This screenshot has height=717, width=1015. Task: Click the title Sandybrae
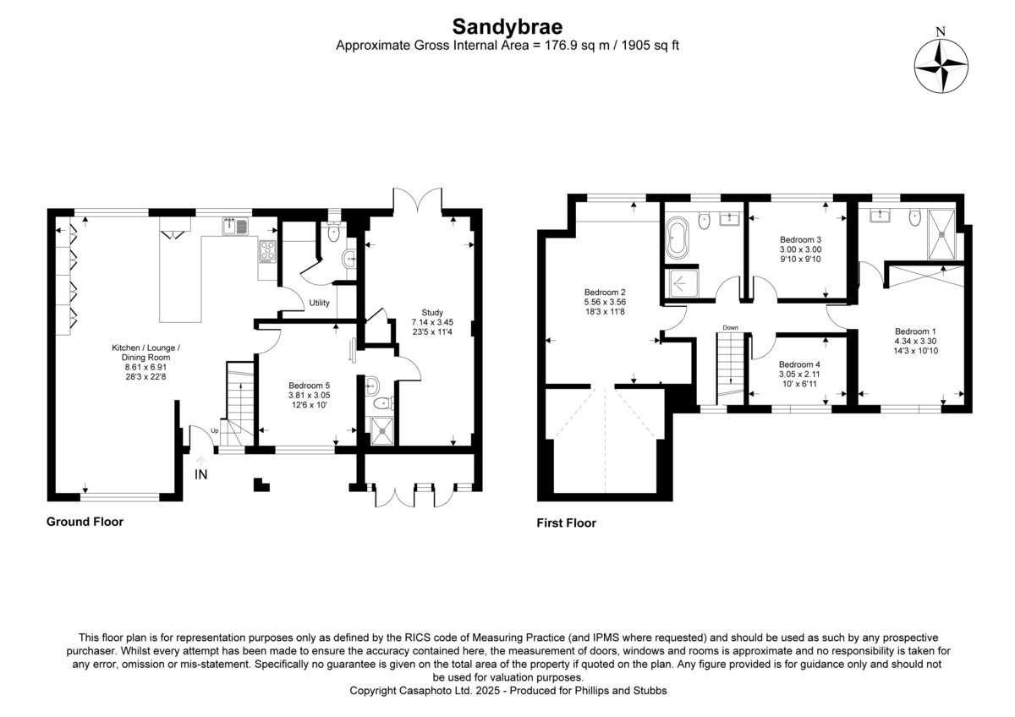pyautogui.click(x=507, y=25)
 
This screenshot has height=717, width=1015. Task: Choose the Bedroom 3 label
pyautogui.click(x=800, y=239)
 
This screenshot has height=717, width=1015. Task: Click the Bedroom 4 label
pyautogui.click(x=799, y=364)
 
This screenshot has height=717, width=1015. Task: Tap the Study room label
pyautogui.click(x=432, y=312)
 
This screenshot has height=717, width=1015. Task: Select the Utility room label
pyautogui.click(x=319, y=303)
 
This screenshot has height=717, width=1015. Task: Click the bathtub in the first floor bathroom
pyautogui.click(x=678, y=238)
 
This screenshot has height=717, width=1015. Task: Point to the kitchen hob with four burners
pyautogui.click(x=268, y=251)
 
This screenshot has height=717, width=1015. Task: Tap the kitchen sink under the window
pyautogui.click(x=234, y=226)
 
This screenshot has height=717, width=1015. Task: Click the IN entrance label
pyautogui.click(x=201, y=475)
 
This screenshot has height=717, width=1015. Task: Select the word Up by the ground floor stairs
pyautogui.click(x=213, y=431)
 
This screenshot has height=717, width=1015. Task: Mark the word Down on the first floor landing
pyautogui.click(x=731, y=327)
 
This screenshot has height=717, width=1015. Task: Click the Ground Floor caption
pyautogui.click(x=85, y=522)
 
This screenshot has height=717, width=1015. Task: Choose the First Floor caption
pyautogui.click(x=566, y=523)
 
